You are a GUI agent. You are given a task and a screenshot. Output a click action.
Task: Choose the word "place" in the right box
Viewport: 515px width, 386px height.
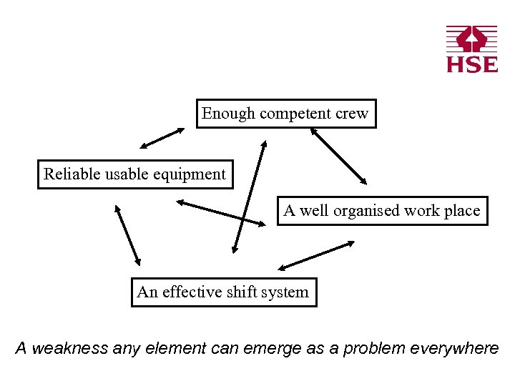(x=461, y=211)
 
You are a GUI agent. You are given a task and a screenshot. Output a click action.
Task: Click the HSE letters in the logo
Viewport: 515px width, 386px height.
(x=472, y=64)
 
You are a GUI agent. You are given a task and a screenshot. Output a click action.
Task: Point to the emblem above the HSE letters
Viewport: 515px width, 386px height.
(x=471, y=39)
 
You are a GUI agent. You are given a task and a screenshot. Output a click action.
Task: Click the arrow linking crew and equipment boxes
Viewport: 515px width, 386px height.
(x=162, y=138)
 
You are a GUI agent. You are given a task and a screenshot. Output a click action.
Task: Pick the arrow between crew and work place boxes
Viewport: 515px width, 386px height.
(x=338, y=156)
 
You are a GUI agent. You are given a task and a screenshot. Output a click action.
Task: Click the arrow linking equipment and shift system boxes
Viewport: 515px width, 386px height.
(x=128, y=235)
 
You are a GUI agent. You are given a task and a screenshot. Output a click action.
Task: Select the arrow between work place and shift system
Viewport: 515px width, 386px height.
(x=316, y=255)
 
